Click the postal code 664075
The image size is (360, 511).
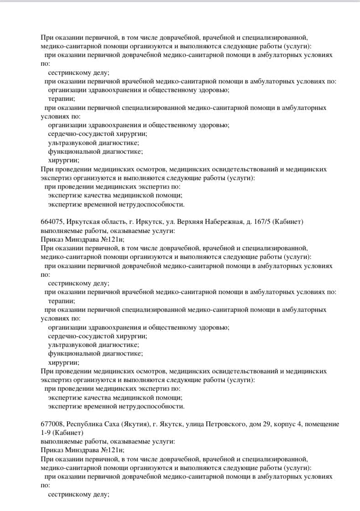[x=51, y=222]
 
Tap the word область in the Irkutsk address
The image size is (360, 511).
[x=112, y=222]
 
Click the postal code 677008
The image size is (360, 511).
[x=51, y=424]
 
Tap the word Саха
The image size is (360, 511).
[x=112, y=424]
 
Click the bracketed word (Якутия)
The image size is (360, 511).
[x=135, y=424]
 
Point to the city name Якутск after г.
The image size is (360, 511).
[x=171, y=424]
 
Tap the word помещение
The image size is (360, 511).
[x=322, y=424]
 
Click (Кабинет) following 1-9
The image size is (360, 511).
[x=68, y=433]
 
